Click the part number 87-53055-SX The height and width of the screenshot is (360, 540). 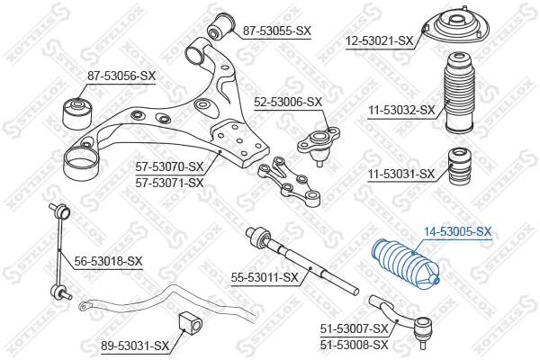click(277, 31)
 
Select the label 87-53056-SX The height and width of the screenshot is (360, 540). click(121, 76)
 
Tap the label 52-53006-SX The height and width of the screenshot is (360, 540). click(287, 102)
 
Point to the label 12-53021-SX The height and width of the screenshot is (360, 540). click(380, 40)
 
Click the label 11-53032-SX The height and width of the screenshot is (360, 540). click(401, 111)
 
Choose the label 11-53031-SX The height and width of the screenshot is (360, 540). click(401, 174)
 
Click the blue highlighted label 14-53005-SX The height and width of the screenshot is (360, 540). click(458, 231)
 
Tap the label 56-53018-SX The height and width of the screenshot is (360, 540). click(109, 261)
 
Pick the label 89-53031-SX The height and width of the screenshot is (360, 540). click(136, 345)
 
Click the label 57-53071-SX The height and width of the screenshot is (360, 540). click(170, 182)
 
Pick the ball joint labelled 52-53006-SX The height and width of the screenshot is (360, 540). click(316, 143)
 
